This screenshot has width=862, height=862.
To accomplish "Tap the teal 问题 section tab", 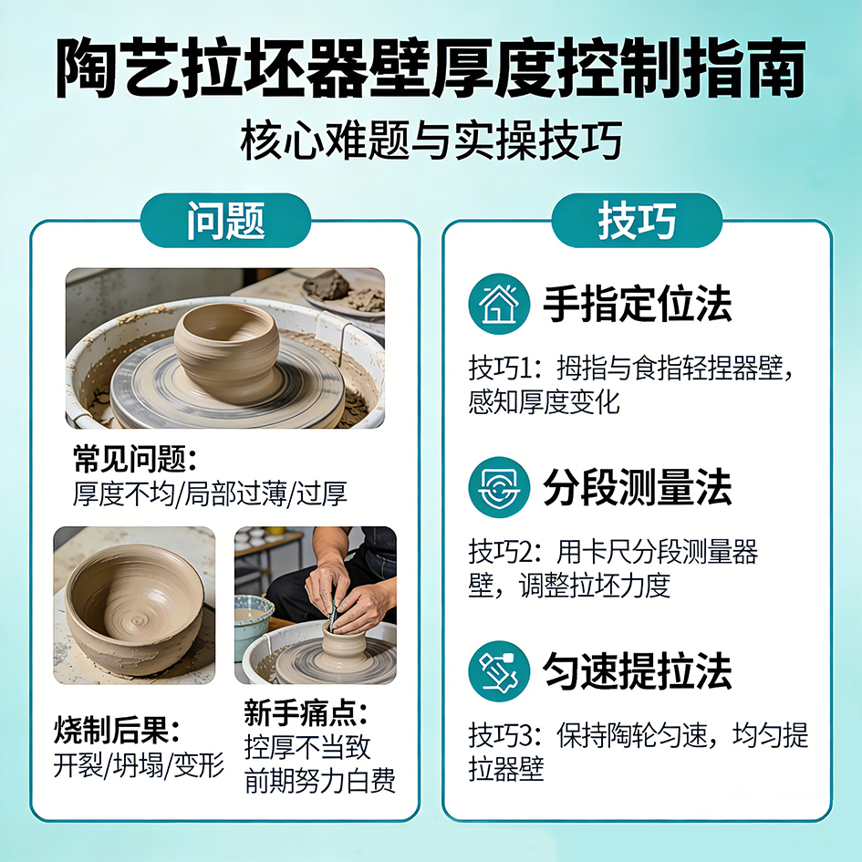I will [x=225, y=221].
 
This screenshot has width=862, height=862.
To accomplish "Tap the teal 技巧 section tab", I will [x=637, y=221].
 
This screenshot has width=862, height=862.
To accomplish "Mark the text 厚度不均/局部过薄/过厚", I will [x=210, y=493].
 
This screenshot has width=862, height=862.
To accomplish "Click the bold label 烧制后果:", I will [x=117, y=730].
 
